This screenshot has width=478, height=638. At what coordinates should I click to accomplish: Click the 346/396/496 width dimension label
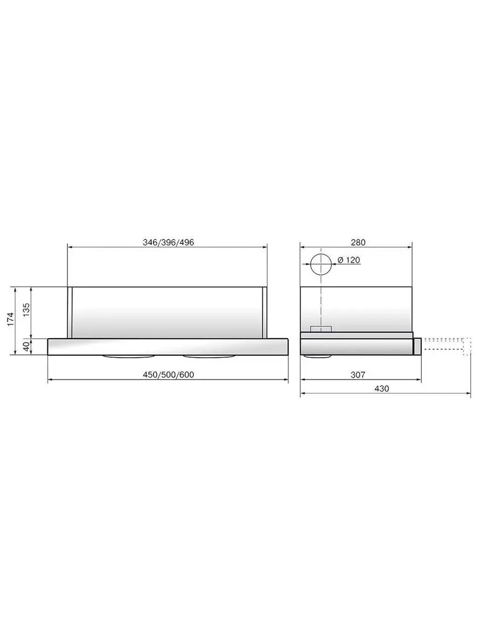168,242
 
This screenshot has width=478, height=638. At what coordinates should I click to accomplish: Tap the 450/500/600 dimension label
168,375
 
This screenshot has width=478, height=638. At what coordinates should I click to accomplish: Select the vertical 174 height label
11,319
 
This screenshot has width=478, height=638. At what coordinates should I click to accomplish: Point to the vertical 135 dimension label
27,310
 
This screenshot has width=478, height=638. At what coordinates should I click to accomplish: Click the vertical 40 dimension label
27,347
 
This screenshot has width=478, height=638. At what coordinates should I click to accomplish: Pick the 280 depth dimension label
358,242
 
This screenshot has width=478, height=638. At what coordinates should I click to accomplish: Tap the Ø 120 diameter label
349,260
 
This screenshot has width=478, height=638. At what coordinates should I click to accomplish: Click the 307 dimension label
358,375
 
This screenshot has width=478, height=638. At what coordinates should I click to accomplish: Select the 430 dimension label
382,389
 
